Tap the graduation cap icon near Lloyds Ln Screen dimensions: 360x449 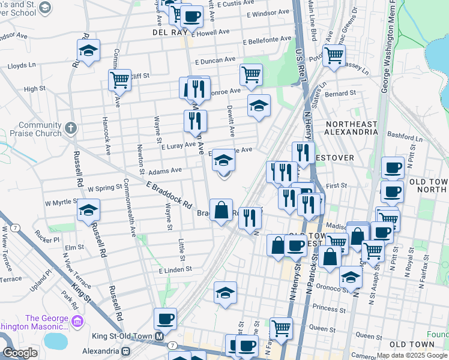pyautogui.click(x=88, y=52)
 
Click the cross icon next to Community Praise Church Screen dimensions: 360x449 pyautogui.click(x=71, y=127)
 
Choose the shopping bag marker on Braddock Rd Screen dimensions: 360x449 pyautogui.click(x=221, y=211)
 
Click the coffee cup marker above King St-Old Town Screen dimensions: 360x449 pyautogui.click(x=165, y=319)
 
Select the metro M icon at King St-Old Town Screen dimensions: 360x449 pyautogui.click(x=160, y=336)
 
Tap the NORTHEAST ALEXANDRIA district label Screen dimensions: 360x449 pyautogui.click(x=351, y=128)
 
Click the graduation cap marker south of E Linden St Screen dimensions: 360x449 pyautogui.click(x=225, y=293)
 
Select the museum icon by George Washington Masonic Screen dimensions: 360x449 pyautogui.click(x=77, y=322)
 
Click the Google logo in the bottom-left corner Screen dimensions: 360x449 pyautogui.click(x=20, y=353)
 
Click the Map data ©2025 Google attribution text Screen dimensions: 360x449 pyautogui.click(x=412, y=355)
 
